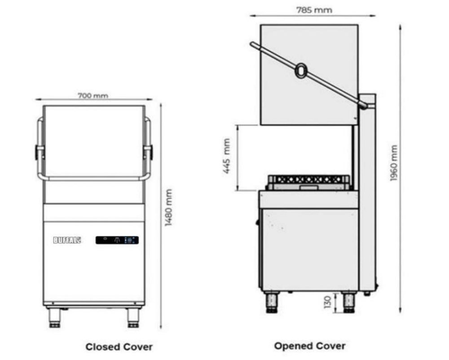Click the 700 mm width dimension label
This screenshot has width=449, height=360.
(93, 95)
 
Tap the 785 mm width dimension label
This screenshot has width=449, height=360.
(314, 9)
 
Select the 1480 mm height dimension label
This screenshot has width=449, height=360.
(168, 207)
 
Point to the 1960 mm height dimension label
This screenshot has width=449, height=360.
(394, 163)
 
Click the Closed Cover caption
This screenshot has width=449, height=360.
(119, 347)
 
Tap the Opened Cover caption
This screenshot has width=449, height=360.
(310, 346)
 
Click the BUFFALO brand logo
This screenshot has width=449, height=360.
(67, 240)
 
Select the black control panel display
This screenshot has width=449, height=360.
(117, 240)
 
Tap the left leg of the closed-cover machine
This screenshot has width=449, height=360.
(55, 317)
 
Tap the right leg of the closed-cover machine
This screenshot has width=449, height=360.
(133, 317)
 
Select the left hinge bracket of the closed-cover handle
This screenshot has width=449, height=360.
(38, 151)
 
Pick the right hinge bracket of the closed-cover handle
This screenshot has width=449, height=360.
(149, 151)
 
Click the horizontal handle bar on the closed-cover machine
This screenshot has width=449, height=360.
(93, 178)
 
